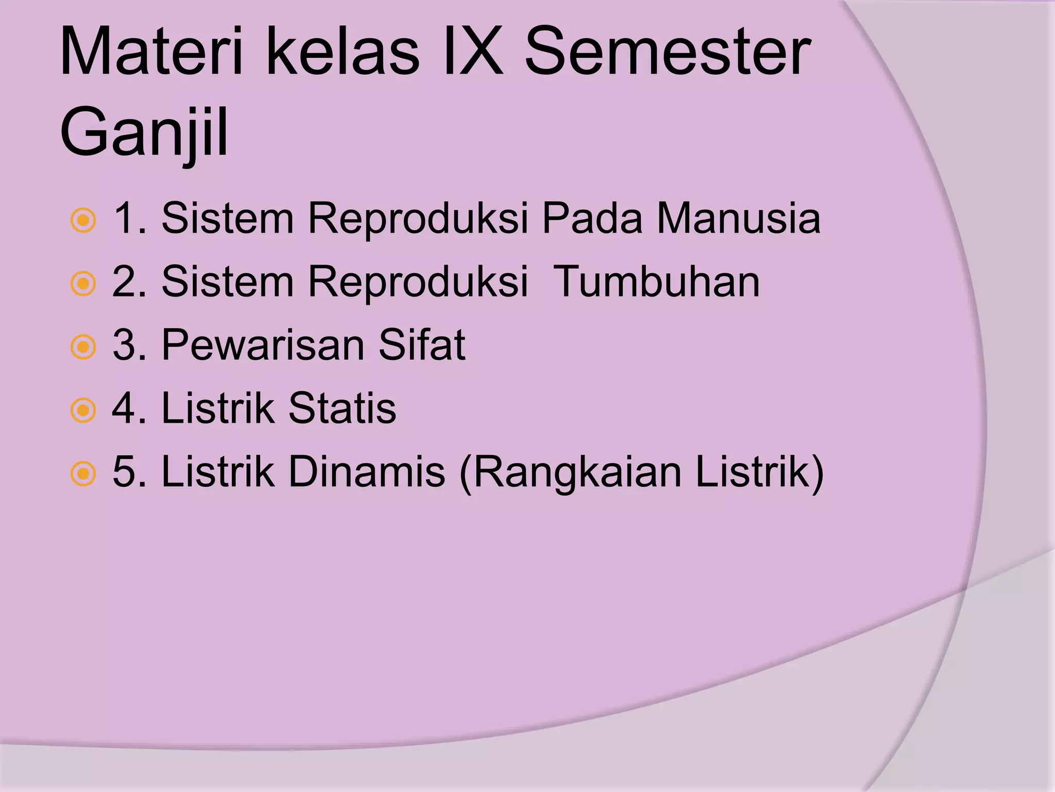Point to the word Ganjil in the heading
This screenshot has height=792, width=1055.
click(x=144, y=133)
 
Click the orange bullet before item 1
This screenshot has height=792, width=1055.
click(x=83, y=221)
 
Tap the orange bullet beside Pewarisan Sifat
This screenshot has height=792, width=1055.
click(x=83, y=347)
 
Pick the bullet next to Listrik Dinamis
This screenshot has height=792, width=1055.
click(x=83, y=474)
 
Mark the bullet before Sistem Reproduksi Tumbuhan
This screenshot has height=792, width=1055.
click(x=83, y=284)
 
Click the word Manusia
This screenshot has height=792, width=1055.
click(x=738, y=219)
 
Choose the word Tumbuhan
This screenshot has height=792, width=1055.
click(x=656, y=282)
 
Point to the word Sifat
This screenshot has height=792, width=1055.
click(x=422, y=345)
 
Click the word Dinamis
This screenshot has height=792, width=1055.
click(x=366, y=472)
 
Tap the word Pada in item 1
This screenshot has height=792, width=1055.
click(x=592, y=219)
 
